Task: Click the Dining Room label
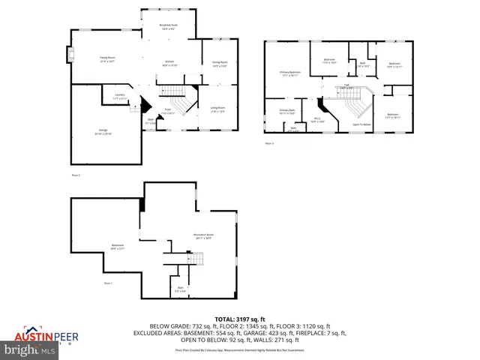(219, 63)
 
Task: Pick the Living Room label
(217, 109)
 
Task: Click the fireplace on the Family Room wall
(70, 55)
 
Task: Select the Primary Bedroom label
(291, 73)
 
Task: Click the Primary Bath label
(286, 112)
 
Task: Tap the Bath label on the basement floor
(181, 289)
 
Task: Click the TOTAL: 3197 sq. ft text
(239, 319)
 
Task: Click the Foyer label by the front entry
(169, 112)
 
